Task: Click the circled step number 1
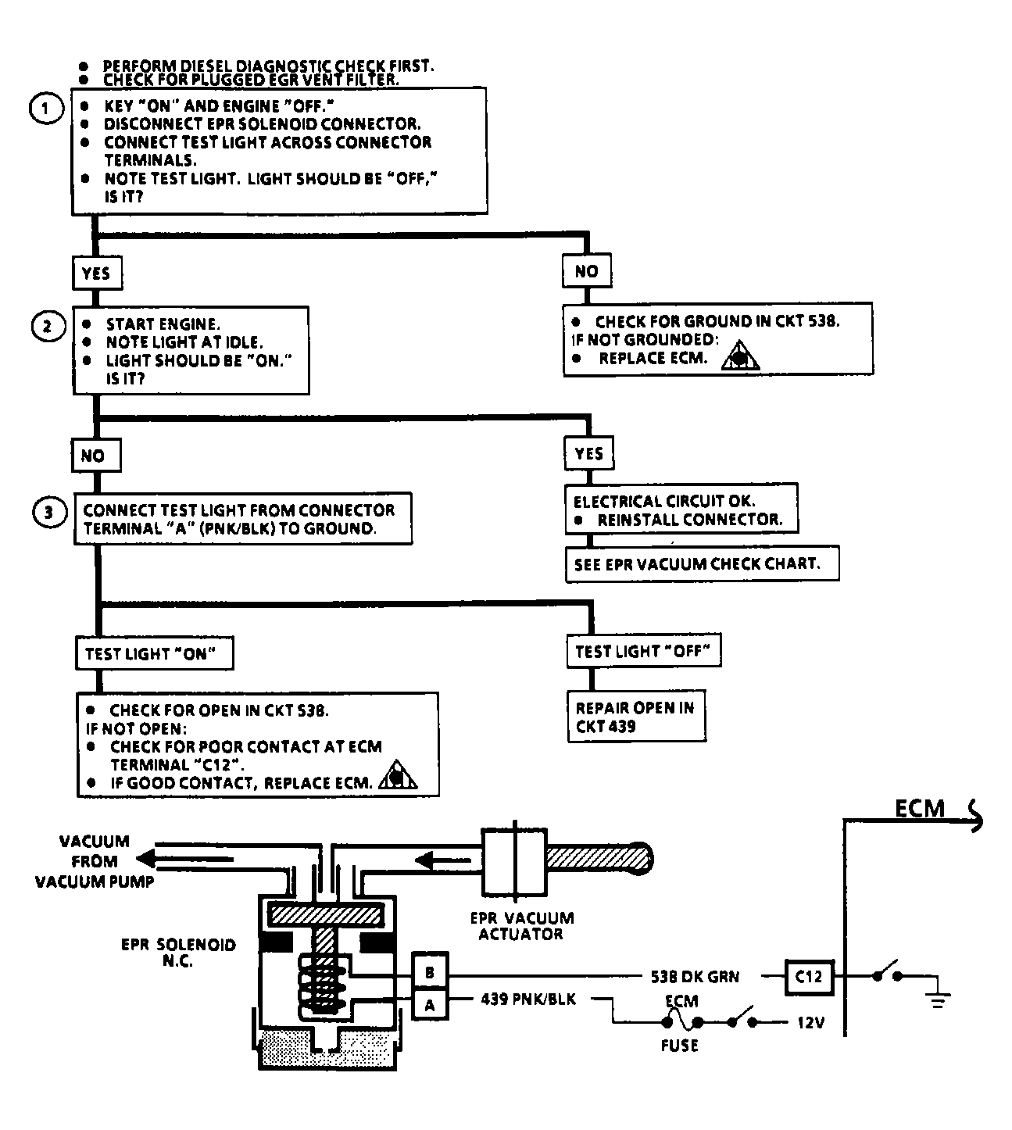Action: point(46,108)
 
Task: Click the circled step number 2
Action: point(48,327)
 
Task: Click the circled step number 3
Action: point(50,512)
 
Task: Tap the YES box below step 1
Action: point(97,273)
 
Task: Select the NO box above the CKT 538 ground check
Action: point(587,270)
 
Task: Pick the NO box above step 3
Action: point(96,455)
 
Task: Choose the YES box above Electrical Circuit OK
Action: point(589,453)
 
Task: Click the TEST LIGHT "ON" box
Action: point(155,653)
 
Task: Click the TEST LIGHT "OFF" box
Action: point(644,650)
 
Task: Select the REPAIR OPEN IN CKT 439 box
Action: point(637,716)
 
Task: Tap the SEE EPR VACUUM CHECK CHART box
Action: point(702,564)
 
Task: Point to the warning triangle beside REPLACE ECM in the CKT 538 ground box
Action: point(740,356)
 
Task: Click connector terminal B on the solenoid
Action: point(430,973)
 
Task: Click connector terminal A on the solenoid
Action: point(430,1006)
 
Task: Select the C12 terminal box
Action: point(809,977)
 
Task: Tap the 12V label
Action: point(810,1022)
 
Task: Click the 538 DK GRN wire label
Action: point(695,977)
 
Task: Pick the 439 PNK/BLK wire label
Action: point(528,999)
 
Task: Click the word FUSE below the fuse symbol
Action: point(680,1046)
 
